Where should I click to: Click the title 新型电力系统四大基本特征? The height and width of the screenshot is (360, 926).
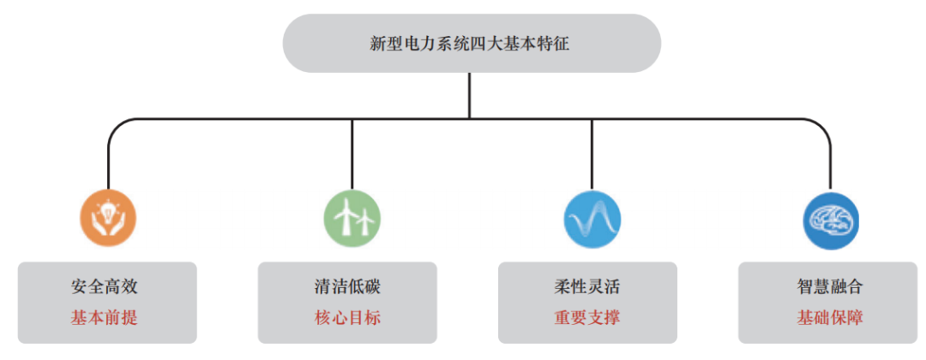coord(470,44)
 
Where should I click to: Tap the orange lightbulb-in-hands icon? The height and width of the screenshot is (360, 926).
coord(108,219)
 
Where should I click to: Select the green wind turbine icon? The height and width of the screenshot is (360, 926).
coord(352,219)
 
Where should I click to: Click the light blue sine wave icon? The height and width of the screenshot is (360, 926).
coord(592,219)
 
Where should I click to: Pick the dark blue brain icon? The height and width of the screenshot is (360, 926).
coord(831,219)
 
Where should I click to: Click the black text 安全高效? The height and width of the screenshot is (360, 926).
coord(105,287)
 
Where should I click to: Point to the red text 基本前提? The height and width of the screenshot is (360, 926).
coord(105,318)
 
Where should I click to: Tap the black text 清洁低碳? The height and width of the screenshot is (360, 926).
coord(348,287)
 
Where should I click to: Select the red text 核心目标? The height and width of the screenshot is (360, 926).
coord(348,318)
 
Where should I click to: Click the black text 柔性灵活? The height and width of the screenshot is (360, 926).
coord(587,287)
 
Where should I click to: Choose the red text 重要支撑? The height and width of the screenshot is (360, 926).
coord(587,318)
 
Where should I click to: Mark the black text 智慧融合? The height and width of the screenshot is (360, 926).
coord(830,287)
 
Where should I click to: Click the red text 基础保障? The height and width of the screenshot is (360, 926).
coord(830,318)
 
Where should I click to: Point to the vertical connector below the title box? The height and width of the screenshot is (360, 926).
coord(470,96)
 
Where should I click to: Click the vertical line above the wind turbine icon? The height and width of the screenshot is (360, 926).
coord(352,154)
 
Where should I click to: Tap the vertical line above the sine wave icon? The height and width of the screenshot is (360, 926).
coord(592,154)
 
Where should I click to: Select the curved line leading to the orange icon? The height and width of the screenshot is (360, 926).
coord(118,125)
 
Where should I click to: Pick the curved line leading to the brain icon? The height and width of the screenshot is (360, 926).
coord(821,125)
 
